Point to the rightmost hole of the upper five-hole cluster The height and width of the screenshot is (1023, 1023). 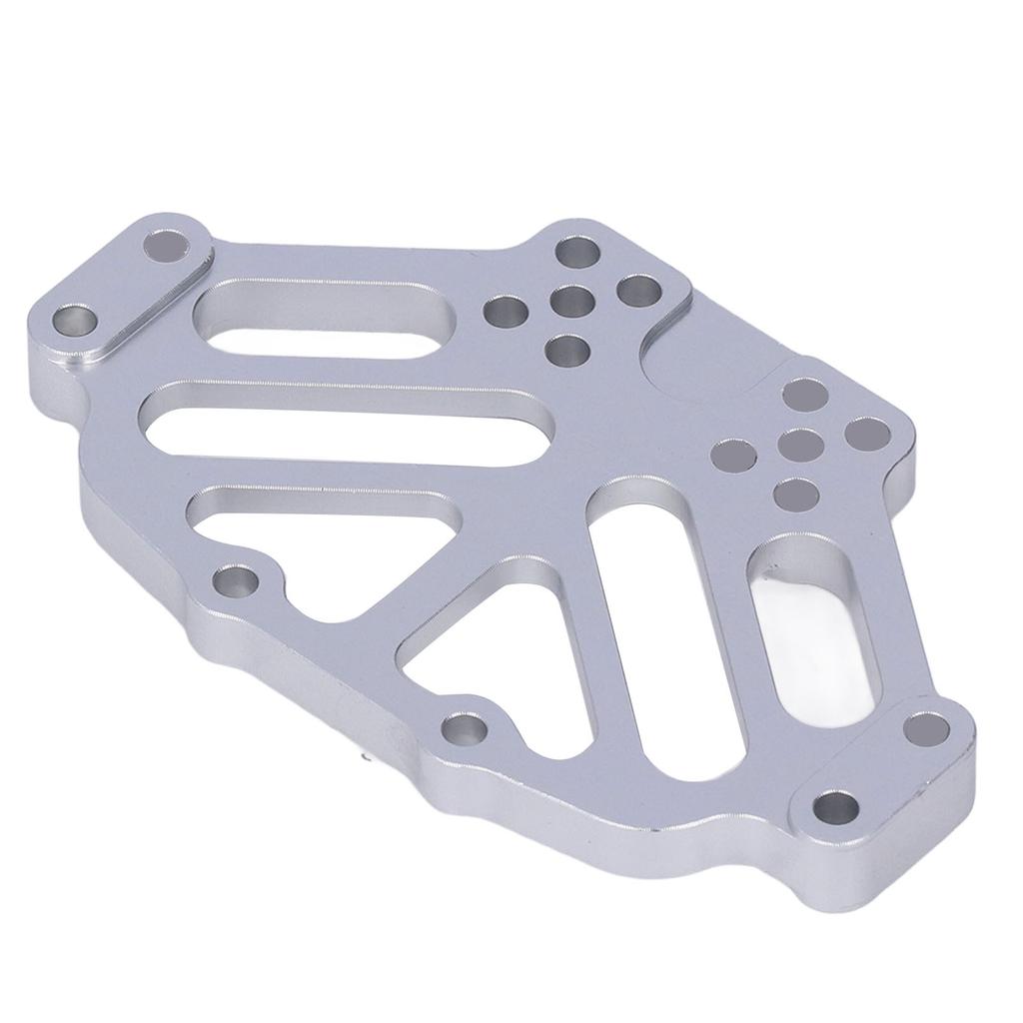tap(636, 292)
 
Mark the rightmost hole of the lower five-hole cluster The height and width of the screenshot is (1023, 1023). tap(866, 434)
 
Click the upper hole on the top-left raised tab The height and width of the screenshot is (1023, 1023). tap(168, 244)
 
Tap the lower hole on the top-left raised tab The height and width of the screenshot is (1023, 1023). tap(74, 322)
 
